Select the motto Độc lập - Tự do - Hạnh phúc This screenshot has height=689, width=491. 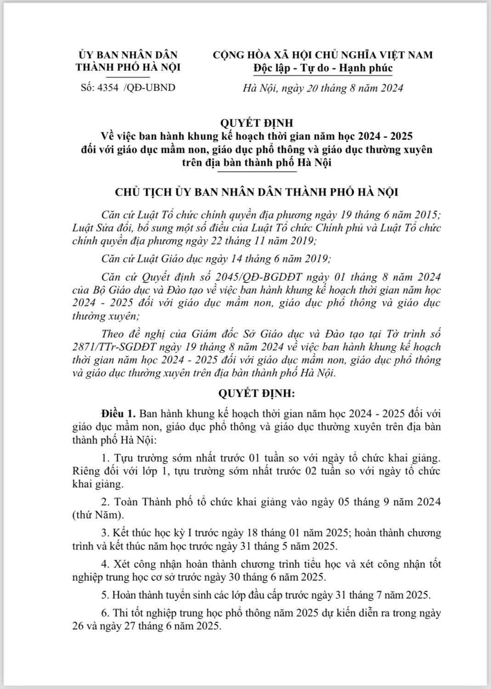pyautogui.click(x=323, y=68)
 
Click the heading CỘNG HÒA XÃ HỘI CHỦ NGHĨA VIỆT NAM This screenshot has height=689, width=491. pyautogui.click(x=323, y=55)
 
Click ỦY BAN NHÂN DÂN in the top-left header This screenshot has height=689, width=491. pyautogui.click(x=128, y=55)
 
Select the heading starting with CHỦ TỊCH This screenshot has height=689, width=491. pyautogui.click(x=257, y=192)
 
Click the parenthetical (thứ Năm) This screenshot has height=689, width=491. pyautogui.click(x=98, y=515)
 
